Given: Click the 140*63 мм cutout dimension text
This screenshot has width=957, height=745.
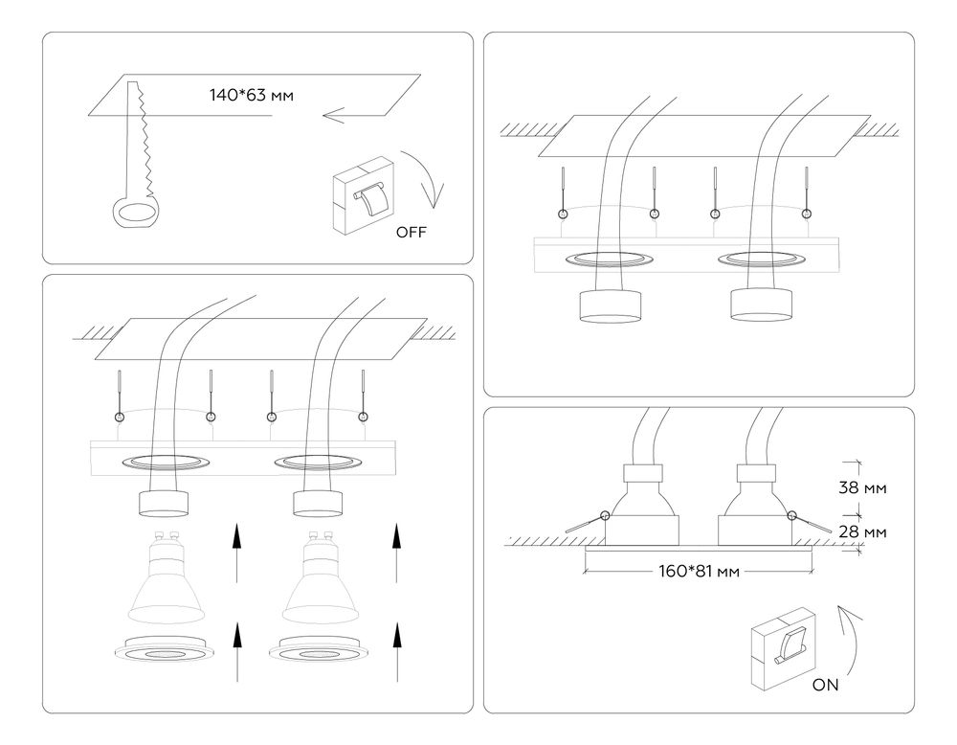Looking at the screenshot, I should tap(251, 95).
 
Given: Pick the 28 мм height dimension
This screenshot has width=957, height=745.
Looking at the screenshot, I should tap(861, 531).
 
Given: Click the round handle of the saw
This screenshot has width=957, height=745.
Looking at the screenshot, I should tap(131, 214).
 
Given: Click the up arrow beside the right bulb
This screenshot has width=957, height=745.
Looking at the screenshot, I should tap(393, 553).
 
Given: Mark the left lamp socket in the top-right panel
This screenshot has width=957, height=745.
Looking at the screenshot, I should tap(609, 305).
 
